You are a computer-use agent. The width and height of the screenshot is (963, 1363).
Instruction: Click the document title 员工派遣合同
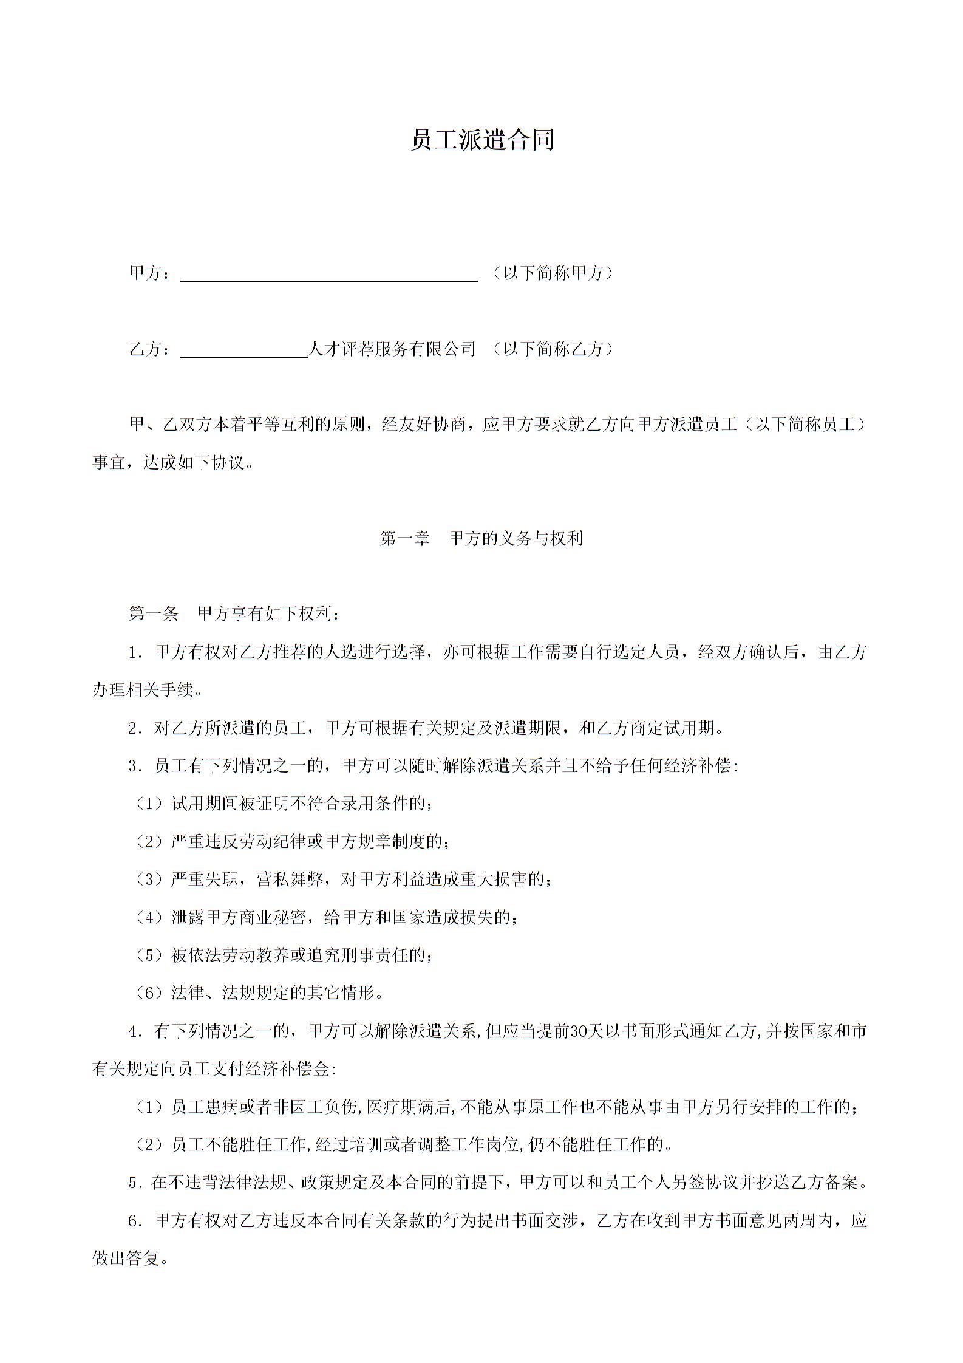pyautogui.click(x=482, y=140)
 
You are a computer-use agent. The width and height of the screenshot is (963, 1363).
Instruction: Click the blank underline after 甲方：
pyautogui.click(x=329, y=275)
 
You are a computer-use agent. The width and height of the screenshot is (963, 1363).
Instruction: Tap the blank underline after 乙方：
pyautogui.click(x=244, y=350)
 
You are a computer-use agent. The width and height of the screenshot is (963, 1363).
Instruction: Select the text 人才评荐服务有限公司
pyautogui.click(x=392, y=349)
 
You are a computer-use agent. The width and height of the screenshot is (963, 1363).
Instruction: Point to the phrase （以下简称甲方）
pyautogui.click(x=552, y=273)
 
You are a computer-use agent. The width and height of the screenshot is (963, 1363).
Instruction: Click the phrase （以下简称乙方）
pyautogui.click(x=552, y=349)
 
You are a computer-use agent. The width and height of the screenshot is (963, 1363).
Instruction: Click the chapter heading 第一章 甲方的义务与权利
pyautogui.click(x=481, y=538)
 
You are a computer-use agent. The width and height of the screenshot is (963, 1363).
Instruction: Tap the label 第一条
pyautogui.click(x=153, y=614)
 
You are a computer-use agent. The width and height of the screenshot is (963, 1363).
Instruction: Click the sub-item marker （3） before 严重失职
pyautogui.click(x=149, y=880)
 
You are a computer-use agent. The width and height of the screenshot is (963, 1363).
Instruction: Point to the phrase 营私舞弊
pyautogui.click(x=290, y=880)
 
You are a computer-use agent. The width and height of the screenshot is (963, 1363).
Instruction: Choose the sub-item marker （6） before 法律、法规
pyautogui.click(x=149, y=993)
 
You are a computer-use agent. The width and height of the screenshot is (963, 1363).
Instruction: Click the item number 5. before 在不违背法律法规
pyautogui.click(x=135, y=1183)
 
